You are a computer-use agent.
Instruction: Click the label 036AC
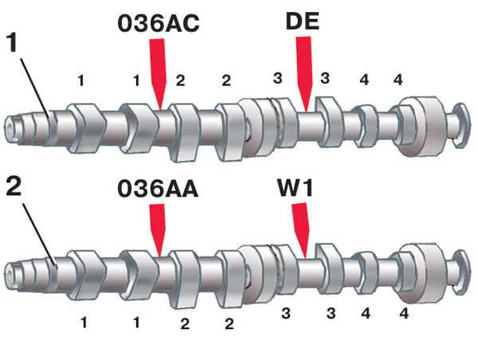[159, 23]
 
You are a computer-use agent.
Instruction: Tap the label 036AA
[158, 189]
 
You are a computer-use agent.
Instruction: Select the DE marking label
[303, 22]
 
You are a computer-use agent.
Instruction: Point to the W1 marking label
[295, 187]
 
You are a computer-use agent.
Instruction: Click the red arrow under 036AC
[158, 73]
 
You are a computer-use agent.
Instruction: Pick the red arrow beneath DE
[304, 74]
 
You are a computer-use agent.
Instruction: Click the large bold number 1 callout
[13, 43]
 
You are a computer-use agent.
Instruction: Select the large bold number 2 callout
[14, 186]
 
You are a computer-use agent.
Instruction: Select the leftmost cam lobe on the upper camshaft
[86, 128]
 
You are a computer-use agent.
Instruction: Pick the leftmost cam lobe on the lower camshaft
[86, 275]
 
